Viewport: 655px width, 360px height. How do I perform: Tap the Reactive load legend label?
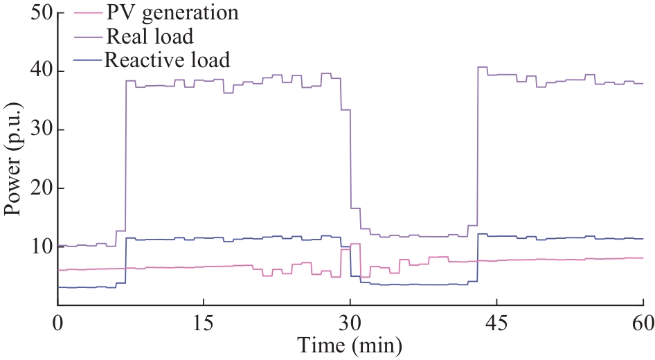tap(167, 60)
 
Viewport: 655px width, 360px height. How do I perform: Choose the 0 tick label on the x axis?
tap(58, 322)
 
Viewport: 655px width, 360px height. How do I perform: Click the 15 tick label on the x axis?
tap(204, 322)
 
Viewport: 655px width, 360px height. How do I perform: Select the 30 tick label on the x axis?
tap(350, 322)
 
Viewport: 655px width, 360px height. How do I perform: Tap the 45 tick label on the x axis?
tap(496, 322)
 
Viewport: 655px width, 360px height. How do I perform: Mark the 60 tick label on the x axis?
tap(642, 322)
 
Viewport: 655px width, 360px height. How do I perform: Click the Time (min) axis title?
tap(350, 344)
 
